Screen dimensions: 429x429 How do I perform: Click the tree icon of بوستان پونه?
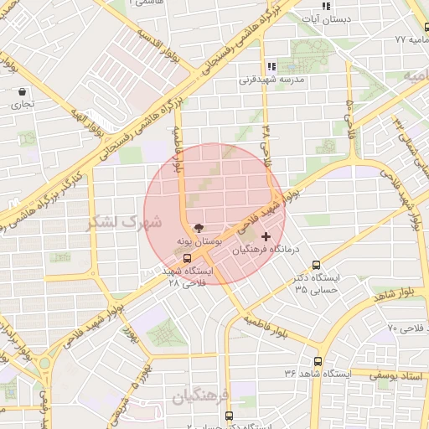(198, 227)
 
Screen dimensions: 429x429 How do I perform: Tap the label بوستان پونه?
(198, 240)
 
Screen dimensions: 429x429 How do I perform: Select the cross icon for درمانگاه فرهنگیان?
(266, 237)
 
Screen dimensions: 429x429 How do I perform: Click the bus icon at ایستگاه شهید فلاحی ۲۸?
(187, 258)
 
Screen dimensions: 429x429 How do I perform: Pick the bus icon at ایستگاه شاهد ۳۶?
(317, 361)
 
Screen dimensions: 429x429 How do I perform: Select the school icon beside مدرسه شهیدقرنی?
(271, 66)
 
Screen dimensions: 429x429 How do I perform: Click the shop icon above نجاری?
(21, 91)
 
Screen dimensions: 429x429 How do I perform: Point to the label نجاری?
(21, 106)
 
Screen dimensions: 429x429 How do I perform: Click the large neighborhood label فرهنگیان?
(201, 394)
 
